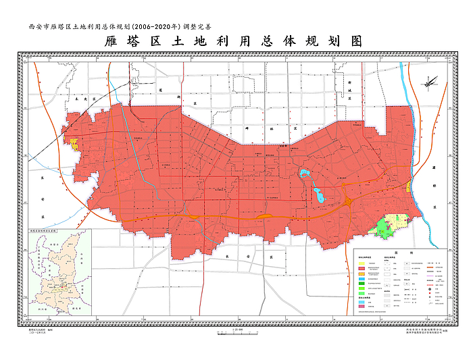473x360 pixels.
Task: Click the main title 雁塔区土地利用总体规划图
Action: coord(234,42)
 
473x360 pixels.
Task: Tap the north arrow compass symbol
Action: coord(430,84)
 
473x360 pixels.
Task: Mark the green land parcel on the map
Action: coord(385,226)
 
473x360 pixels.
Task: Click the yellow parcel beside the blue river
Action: coord(409,186)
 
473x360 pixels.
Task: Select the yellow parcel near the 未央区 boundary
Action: coord(74,144)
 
